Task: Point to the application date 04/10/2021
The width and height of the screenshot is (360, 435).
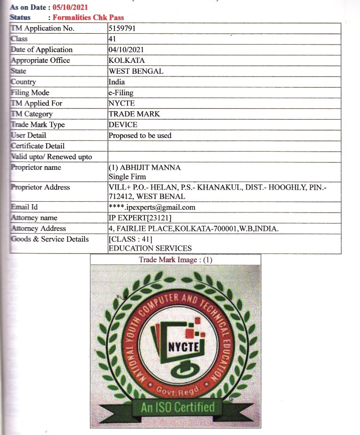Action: pyautogui.click(x=126, y=50)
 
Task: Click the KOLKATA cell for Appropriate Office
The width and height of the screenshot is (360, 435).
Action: pyautogui.click(x=127, y=61)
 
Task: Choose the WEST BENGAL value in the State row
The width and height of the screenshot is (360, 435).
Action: pyautogui.click(x=136, y=71)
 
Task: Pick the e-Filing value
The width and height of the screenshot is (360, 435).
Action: pyautogui.click(x=121, y=93)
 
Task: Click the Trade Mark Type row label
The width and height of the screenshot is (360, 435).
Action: pyautogui.click(x=37, y=125)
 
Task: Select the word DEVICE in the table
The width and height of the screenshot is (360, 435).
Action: pyautogui.click(x=123, y=125)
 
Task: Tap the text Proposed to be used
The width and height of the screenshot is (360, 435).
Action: pyautogui.click(x=140, y=136)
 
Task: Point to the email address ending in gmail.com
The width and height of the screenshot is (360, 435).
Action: pyautogui.click(x=152, y=207)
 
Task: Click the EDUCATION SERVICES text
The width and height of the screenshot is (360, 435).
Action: pyautogui.click(x=150, y=248)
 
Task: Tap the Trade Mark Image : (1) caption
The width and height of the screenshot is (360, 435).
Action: pyautogui.click(x=175, y=259)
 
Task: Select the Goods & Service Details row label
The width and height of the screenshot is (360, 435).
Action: pyautogui.click(x=50, y=239)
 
